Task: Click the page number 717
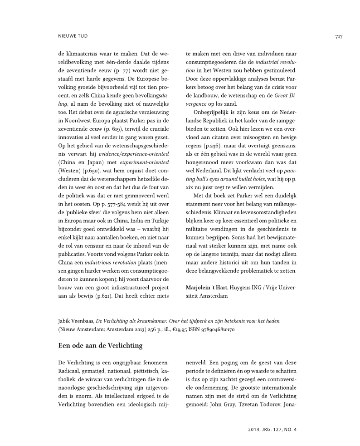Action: pyautogui.click(x=338, y=36)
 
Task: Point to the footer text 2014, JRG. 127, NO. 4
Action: pyautogui.click(x=272, y=428)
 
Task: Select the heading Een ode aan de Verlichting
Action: pyautogui.click(x=100, y=346)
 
